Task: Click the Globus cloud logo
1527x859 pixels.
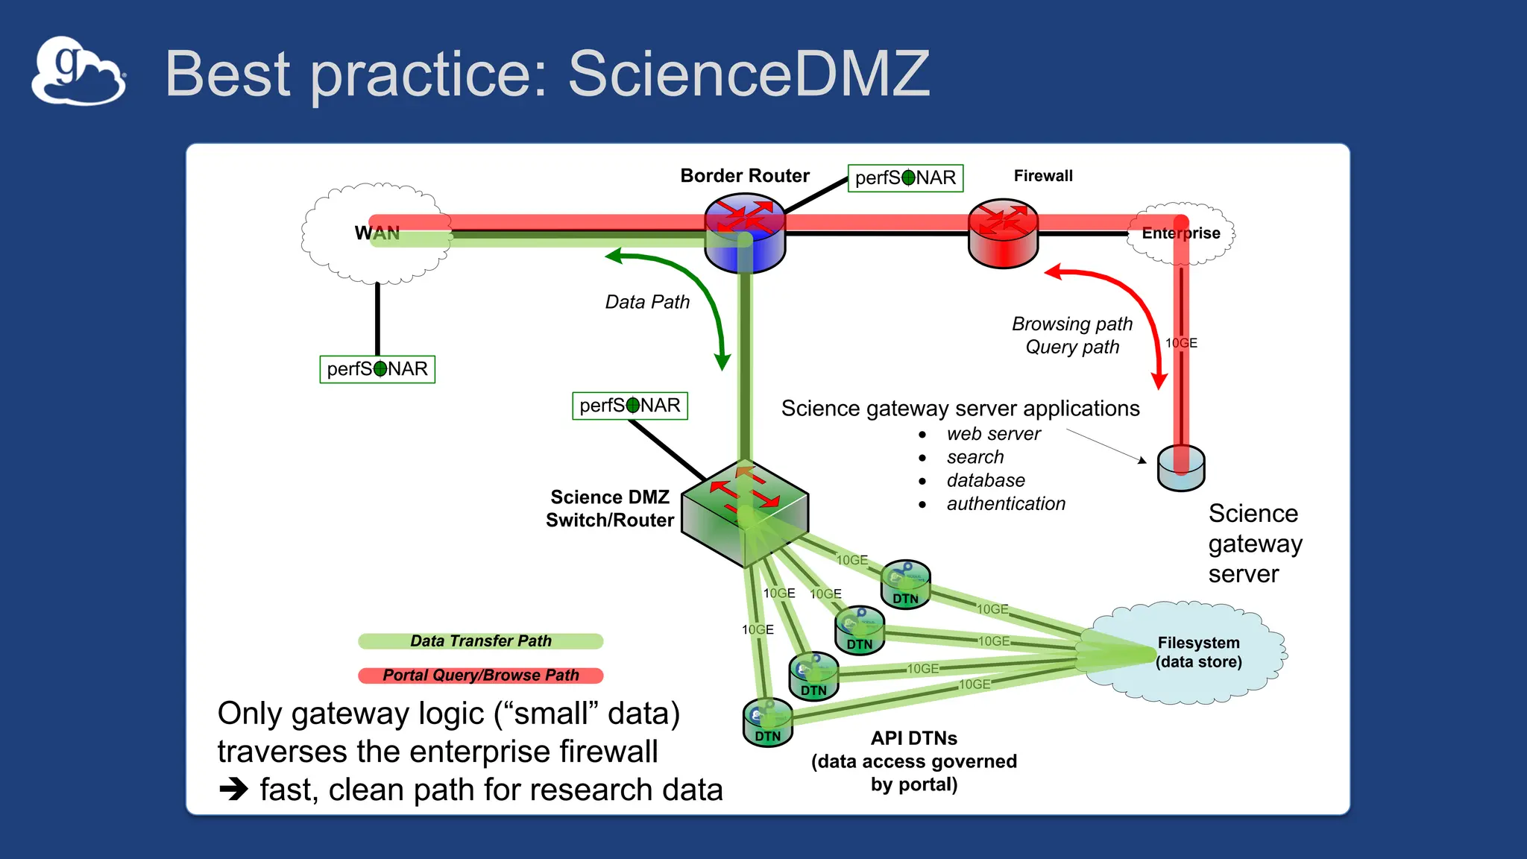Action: pos(78,72)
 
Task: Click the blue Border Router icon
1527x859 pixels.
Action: pos(745,233)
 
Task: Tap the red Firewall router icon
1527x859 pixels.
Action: pos(1003,233)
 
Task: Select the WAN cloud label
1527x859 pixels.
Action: pos(377,233)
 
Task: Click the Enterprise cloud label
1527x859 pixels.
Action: pos(1181,233)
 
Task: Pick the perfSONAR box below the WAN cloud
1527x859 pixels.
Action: pos(377,369)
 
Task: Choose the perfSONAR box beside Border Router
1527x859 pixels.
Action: pos(905,178)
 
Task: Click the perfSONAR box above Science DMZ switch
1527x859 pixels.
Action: pos(630,406)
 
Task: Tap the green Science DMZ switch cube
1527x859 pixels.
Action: pos(745,512)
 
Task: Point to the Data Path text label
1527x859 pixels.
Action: pos(647,302)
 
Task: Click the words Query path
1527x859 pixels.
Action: pos(1072,347)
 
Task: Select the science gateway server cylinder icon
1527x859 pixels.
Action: pos(1181,468)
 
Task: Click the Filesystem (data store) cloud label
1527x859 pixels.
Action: pos(1198,652)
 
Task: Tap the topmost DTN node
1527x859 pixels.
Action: pos(905,585)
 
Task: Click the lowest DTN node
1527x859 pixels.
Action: pos(768,723)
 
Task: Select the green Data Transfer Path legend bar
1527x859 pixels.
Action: pos(480,641)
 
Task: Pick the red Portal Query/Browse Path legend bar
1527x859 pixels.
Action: pos(480,676)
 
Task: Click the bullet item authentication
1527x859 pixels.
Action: pos(1006,504)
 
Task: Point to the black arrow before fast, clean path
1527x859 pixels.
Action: pos(233,789)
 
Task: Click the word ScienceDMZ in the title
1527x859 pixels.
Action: pos(749,74)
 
